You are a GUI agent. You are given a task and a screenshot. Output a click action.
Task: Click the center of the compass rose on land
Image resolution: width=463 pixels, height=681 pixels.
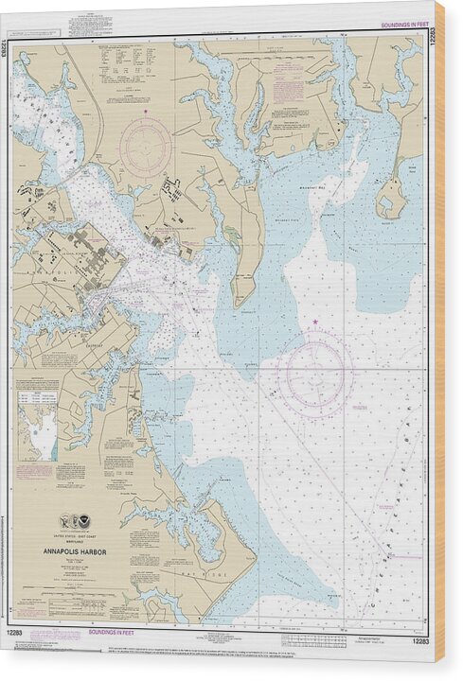pyautogui.click(x=145, y=148)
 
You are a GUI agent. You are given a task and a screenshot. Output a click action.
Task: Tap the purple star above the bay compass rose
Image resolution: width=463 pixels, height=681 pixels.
pyautogui.click(x=314, y=324)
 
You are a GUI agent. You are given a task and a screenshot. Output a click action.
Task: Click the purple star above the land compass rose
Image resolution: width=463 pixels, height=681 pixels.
pyautogui.click(x=146, y=113)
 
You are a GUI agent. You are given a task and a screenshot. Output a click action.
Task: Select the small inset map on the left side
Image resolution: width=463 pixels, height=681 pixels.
pyautogui.click(x=37, y=421)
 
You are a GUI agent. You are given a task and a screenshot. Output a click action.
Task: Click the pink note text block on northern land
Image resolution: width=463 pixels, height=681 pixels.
pyautogui.click(x=286, y=90)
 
